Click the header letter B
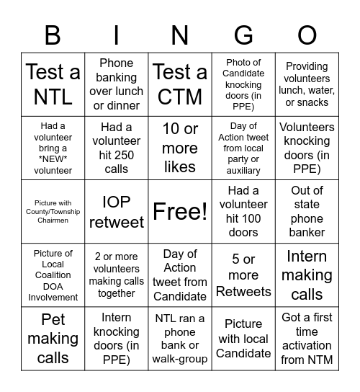pyautogui.click(x=53, y=35)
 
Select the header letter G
pyautogui.click(x=243, y=35)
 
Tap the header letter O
pyautogui.click(x=307, y=35)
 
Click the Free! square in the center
pyautogui.click(x=180, y=212)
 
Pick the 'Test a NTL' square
pyautogui.click(x=53, y=84)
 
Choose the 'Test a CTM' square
pyautogui.click(x=180, y=84)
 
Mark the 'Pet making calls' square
pyautogui.click(x=53, y=338)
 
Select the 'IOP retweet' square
pyautogui.click(x=116, y=212)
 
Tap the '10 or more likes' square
pyautogui.click(x=180, y=148)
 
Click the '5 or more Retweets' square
pyautogui.click(x=243, y=275)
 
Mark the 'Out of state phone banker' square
pyautogui.click(x=307, y=212)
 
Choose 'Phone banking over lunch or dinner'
pyautogui.click(x=116, y=84)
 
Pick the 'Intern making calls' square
pyautogui.click(x=307, y=275)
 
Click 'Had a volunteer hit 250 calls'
pyautogui.click(x=116, y=148)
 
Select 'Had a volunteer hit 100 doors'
pyautogui.click(x=243, y=212)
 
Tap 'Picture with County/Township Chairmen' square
pyautogui.click(x=53, y=212)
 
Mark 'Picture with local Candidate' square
pyautogui.click(x=243, y=338)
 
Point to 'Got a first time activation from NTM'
pyautogui.click(x=307, y=338)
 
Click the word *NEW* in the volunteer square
pyautogui.click(x=53, y=159)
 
